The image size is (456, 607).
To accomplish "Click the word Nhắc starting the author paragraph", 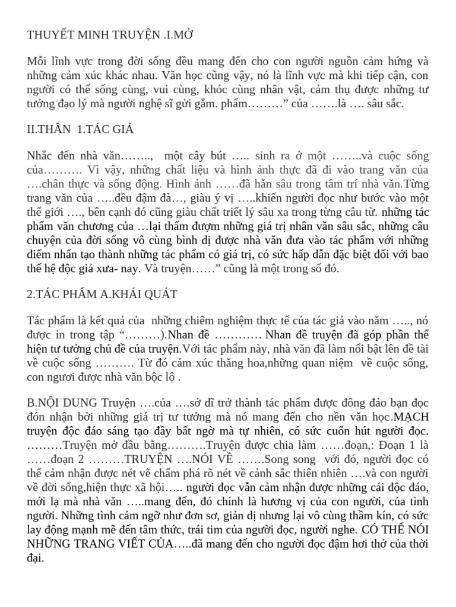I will tap(40, 156).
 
